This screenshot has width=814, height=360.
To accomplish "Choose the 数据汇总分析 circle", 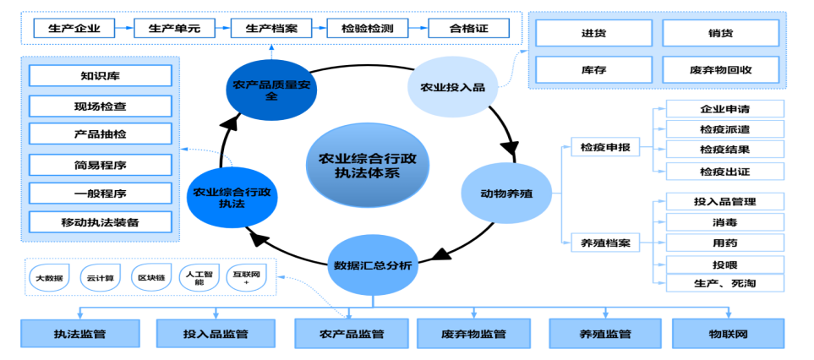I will [x=372, y=265].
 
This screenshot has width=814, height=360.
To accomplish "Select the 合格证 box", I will [x=468, y=28].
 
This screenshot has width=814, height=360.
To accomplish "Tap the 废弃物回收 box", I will [x=720, y=69].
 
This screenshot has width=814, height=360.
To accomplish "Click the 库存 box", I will [x=593, y=69].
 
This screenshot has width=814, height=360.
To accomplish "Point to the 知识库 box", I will [x=100, y=76].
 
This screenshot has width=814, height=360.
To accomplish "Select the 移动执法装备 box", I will [x=100, y=222].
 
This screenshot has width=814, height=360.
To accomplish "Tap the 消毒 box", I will [x=724, y=222].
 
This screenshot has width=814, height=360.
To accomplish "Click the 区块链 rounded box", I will [x=152, y=277].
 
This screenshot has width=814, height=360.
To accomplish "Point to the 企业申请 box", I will [x=724, y=109].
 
